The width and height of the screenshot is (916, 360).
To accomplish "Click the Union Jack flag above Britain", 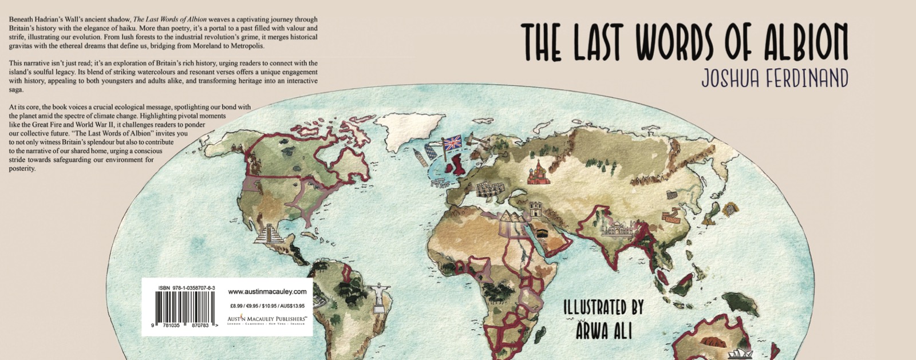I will pyautogui.click(x=452, y=143).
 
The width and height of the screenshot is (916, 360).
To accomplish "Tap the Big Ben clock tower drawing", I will pyautogui.click(x=420, y=157).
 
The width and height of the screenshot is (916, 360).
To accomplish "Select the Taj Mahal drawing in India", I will pyautogui.click(x=616, y=229).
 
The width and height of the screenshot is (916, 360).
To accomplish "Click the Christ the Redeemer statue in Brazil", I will pyautogui.click(x=378, y=295).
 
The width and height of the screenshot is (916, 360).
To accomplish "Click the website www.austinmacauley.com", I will pyautogui.click(x=267, y=291).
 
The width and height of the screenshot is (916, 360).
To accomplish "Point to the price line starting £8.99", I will pyautogui.click(x=267, y=306).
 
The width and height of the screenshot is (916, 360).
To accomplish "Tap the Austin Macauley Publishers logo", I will pyautogui.click(x=267, y=319).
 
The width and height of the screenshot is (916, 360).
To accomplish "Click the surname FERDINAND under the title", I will pyautogui.click(x=804, y=79).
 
